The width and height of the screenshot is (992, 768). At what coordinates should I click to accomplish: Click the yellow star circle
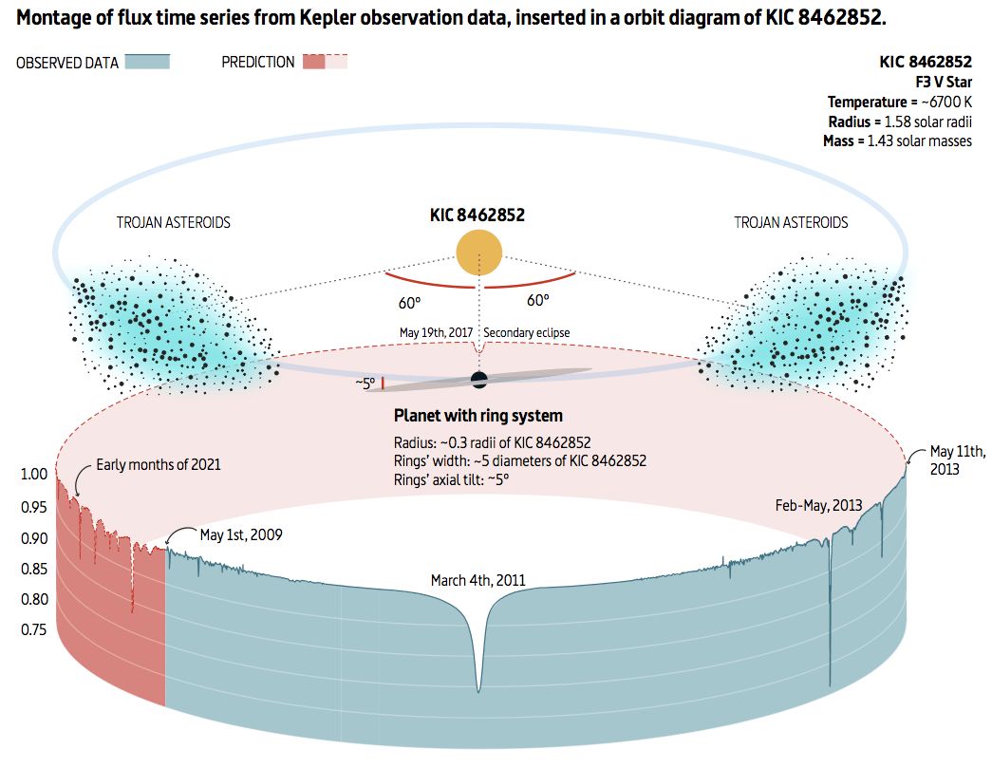tap(479, 253)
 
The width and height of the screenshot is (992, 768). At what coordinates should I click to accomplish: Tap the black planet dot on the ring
tap(479, 380)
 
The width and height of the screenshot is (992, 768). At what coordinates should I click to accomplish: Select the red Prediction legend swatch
tap(325, 62)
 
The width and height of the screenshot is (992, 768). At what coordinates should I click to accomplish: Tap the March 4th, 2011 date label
tap(477, 580)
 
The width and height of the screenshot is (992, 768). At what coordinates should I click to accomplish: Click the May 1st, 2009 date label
tap(241, 534)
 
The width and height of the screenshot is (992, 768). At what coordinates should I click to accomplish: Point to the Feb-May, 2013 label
tap(819, 505)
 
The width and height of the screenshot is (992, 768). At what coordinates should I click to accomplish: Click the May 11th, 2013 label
tap(956, 459)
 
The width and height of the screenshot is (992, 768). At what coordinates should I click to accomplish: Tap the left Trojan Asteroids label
tap(173, 223)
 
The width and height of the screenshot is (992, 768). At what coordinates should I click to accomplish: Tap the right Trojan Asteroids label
tap(791, 223)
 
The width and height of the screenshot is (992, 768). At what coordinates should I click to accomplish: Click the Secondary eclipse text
tap(527, 333)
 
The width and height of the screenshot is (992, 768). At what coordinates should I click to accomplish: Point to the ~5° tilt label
tap(365, 384)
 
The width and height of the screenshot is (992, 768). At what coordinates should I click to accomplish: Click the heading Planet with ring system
tap(478, 416)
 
